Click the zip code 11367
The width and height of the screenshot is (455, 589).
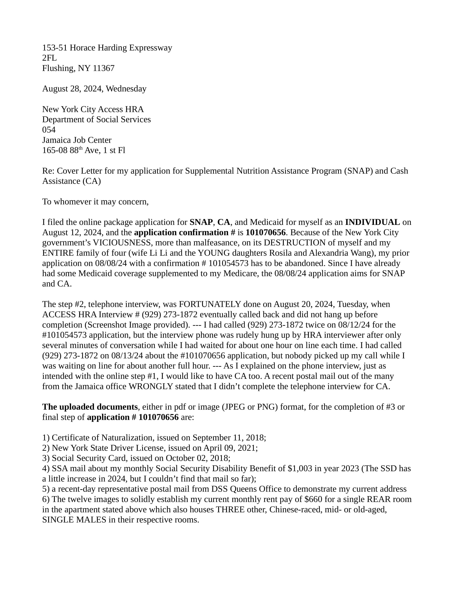point(104,68)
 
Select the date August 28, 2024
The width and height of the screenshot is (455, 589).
point(71,89)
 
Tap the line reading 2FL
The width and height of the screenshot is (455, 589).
point(49,58)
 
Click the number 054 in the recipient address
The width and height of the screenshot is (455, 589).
point(49,130)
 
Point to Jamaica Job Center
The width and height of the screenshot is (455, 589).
point(77,140)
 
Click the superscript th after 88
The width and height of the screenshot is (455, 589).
point(80,148)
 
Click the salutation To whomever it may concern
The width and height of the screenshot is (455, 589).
point(96,201)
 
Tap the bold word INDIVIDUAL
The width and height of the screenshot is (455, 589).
point(372,222)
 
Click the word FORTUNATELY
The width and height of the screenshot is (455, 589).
point(210,304)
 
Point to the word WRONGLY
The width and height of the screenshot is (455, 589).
point(151,386)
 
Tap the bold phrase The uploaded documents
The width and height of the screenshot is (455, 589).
point(90,407)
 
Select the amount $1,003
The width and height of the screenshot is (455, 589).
point(299,469)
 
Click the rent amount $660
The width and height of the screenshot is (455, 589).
point(313,499)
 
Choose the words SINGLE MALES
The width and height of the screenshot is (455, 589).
point(74,520)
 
